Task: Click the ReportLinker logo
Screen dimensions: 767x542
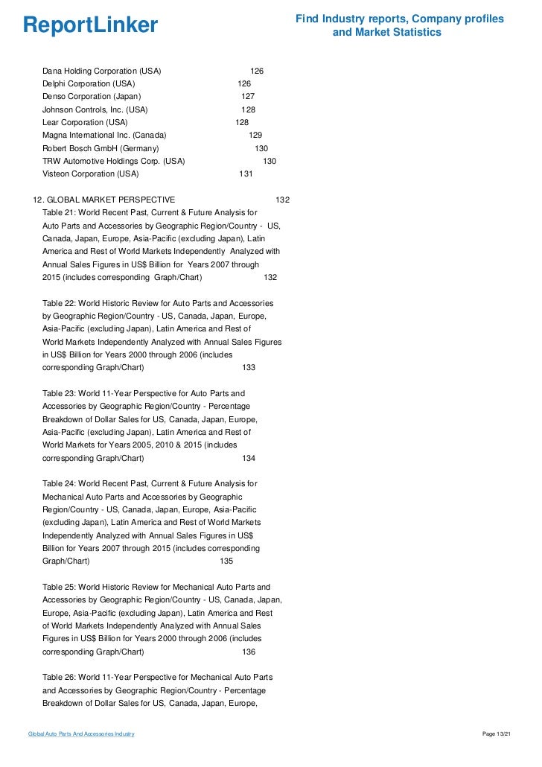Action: pyautogui.click(x=91, y=25)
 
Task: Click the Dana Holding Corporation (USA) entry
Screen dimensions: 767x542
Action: pyautogui.click(x=101, y=71)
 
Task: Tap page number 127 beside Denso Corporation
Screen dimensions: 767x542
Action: pyautogui.click(x=248, y=97)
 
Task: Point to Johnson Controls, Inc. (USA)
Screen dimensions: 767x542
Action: pyautogui.click(x=95, y=109)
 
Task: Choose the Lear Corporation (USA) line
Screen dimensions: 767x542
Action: pyautogui.click(x=85, y=122)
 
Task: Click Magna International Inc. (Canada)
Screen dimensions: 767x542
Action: pyautogui.click(x=104, y=135)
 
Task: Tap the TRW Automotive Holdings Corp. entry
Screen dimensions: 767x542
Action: pyautogui.click(x=113, y=161)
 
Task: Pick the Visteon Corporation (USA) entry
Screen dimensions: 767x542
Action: pyautogui.click(x=90, y=174)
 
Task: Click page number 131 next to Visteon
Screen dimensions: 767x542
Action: pyautogui.click(x=246, y=174)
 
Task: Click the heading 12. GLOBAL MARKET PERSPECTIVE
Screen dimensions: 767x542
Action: pyautogui.click(x=105, y=200)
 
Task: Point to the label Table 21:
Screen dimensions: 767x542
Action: pyautogui.click(x=59, y=212)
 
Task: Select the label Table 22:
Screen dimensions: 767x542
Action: pyautogui.click(x=59, y=303)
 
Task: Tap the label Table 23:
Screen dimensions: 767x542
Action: pyautogui.click(x=59, y=392)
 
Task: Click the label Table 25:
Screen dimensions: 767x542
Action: pyautogui.click(x=59, y=587)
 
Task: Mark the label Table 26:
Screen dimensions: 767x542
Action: pyautogui.click(x=59, y=677)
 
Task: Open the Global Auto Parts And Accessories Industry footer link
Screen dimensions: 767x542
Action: pyautogui.click(x=81, y=734)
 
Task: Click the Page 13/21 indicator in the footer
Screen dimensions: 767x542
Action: pyautogui.click(x=497, y=734)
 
